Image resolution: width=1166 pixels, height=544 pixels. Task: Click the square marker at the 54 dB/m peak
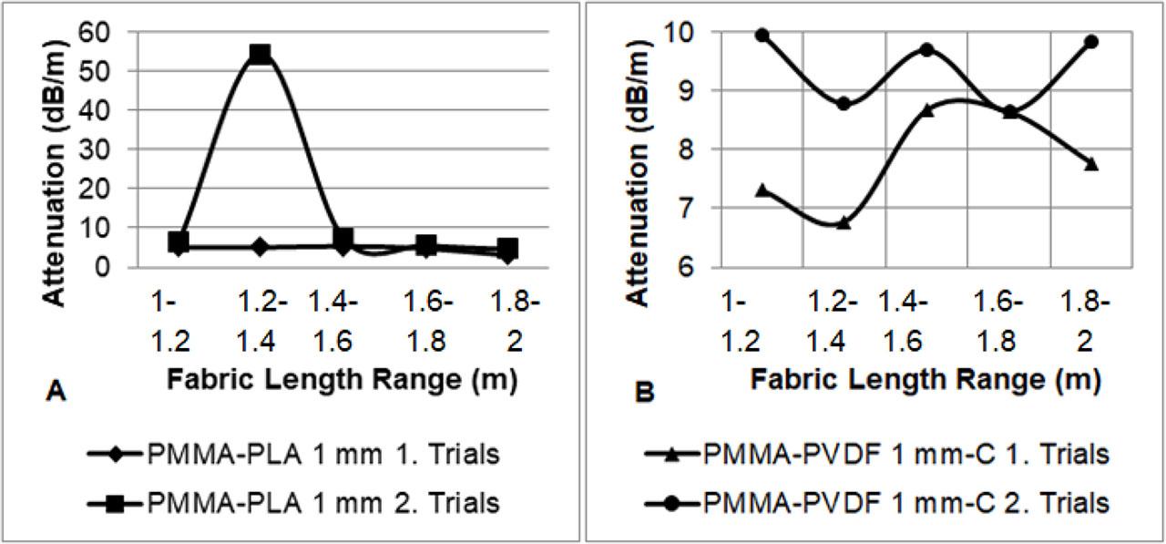tap(261, 54)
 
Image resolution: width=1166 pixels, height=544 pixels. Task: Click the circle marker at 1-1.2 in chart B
tap(762, 36)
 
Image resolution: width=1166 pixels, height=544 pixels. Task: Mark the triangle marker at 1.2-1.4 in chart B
tap(844, 221)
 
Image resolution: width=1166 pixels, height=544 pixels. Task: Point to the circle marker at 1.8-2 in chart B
tap(1091, 42)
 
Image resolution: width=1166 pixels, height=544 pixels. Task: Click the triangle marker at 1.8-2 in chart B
tap(1091, 163)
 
